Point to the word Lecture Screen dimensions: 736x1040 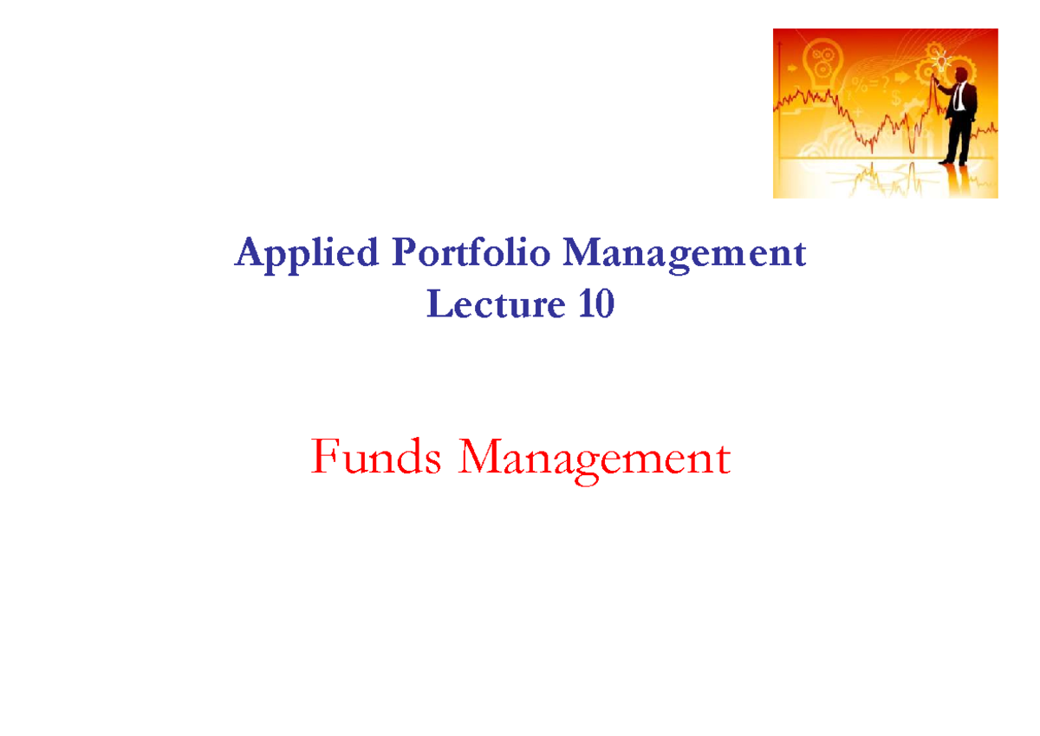coord(484,305)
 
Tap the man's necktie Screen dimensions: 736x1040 coord(958,97)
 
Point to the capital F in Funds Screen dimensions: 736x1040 coord(323,457)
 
